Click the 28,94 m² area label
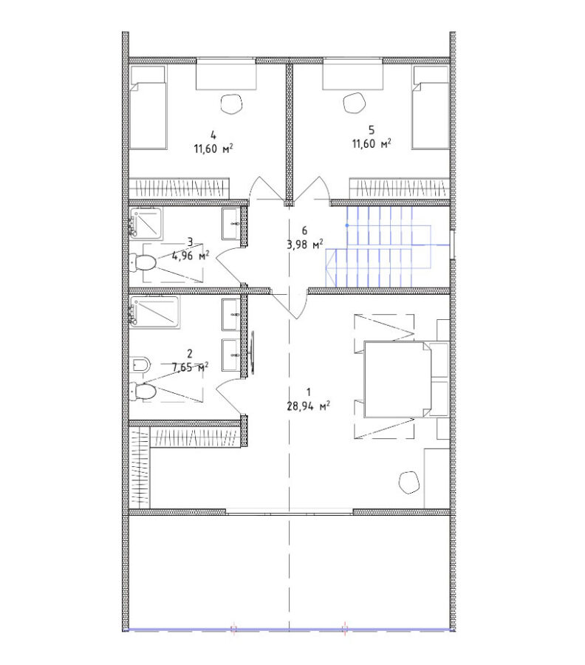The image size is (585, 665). pos(309,406)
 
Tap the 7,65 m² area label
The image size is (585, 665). pos(190,366)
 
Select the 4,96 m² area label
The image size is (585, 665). pos(190,256)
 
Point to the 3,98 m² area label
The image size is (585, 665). pos(305,245)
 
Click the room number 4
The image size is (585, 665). pos(213,135)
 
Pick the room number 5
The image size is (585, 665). pos(372,130)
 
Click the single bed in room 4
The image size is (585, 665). pos(148,107)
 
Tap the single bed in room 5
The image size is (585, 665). pos(431,107)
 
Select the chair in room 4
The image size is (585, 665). pos(232,104)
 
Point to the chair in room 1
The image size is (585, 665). pos(408,482)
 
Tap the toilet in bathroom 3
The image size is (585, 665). pos(143,262)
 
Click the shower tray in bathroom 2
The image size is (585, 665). pos(154,312)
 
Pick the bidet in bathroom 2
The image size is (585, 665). pos(141,364)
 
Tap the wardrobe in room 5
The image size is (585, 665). pos(399,188)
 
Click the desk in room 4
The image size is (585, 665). pos(226,75)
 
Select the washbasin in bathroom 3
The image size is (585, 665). pos(230,223)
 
